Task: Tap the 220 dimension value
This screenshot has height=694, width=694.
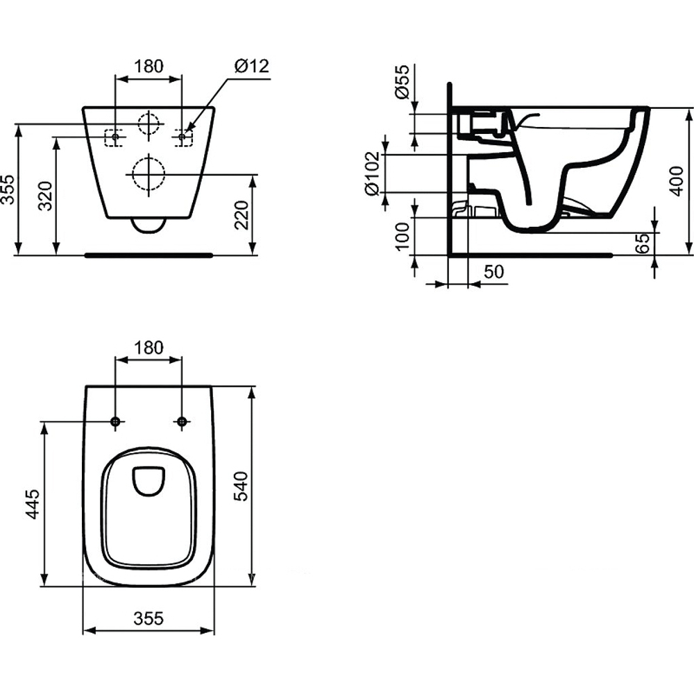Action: click(241, 215)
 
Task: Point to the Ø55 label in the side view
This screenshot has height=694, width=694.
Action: click(401, 83)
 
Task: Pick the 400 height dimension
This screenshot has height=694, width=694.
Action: click(675, 182)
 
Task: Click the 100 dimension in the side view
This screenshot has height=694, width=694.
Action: click(401, 236)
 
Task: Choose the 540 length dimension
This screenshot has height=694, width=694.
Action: click(241, 486)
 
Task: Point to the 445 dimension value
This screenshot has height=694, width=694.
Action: click(31, 504)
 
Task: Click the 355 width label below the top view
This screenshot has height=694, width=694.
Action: click(148, 618)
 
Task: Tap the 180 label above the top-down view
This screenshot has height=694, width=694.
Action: click(148, 347)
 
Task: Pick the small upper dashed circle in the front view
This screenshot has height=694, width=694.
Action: click(148, 124)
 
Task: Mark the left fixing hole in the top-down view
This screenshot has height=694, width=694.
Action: click(115, 421)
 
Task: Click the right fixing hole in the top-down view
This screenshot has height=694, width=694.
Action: click(182, 421)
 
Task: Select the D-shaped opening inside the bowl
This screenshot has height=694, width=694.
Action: click(148, 480)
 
